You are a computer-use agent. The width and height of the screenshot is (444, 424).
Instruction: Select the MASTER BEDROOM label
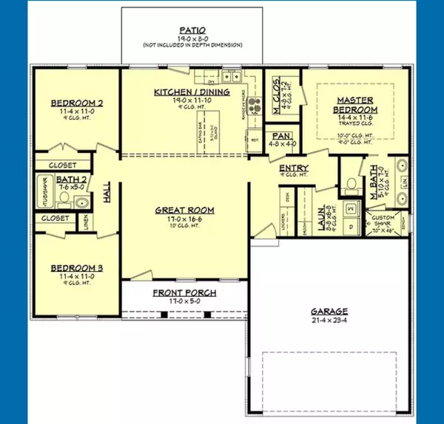tap(354, 104)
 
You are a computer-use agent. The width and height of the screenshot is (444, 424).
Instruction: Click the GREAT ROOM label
tap(184, 210)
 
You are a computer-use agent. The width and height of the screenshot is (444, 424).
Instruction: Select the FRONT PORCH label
tap(184, 293)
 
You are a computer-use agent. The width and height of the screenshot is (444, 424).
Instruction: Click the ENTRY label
tap(293, 169)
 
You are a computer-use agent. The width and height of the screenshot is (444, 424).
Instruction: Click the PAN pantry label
tap(280, 137)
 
